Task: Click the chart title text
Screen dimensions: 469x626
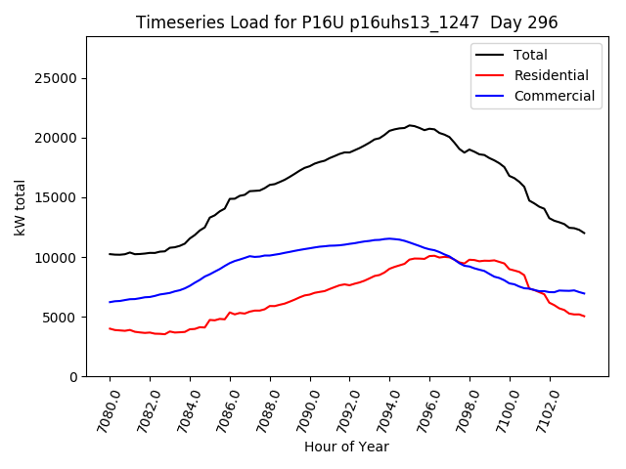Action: pos(346,22)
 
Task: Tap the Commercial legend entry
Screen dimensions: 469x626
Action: pos(554,96)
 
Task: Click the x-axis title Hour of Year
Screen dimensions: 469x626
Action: pos(346,447)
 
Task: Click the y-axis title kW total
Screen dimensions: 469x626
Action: pos(20,207)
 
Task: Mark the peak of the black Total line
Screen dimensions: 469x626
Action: pos(410,125)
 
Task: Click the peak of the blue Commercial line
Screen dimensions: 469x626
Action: pos(389,238)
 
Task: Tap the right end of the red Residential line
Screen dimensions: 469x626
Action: pos(584,317)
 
